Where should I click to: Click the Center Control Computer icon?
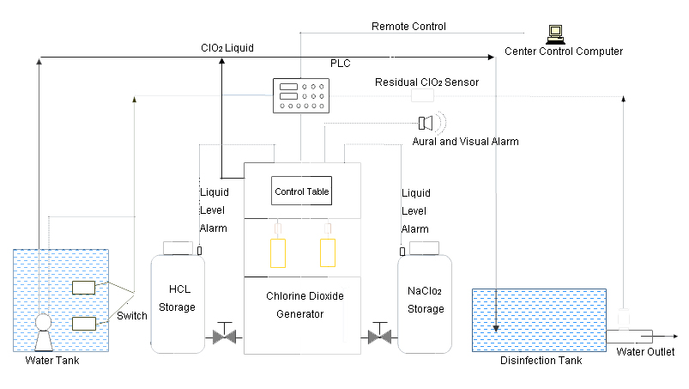coord(555,34)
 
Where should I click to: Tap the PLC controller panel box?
coord(301,96)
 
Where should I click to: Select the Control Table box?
coord(301,191)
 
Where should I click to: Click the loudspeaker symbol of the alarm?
coord(426,123)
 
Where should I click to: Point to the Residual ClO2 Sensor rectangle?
coord(423,95)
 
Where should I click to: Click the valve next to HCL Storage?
coord(225,334)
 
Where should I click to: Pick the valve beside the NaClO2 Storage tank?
coord(379,334)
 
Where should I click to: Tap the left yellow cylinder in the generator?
coord(278,253)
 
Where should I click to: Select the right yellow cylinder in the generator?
coord(328,252)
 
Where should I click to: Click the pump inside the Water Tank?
coord(44,332)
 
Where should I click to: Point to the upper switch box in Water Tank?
coord(83,288)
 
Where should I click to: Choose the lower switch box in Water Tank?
coord(84,324)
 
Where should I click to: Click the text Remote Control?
coord(408,27)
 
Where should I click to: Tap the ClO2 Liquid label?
coord(227,48)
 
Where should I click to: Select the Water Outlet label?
coord(645,351)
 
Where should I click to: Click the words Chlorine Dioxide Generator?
coord(305,305)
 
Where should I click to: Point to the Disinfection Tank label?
coord(541,361)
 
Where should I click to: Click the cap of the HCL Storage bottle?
coord(178,248)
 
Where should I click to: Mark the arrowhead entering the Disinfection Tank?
coord(496,328)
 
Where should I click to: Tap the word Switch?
coord(132,316)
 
